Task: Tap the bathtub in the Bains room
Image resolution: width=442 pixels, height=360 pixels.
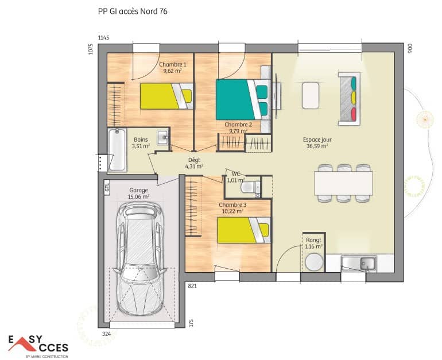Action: click(117, 149)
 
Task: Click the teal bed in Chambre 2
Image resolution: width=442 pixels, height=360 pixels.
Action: click(241, 99)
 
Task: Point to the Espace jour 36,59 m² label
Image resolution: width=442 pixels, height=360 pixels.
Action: click(317, 142)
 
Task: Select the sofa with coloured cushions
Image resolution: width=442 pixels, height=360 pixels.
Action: click(350, 98)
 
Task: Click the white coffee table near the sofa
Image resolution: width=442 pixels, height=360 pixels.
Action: click(311, 95)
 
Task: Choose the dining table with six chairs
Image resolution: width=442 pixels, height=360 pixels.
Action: click(343, 183)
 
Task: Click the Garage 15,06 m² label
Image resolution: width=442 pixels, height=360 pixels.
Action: click(138, 193)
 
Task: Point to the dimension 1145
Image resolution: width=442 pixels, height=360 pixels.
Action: click(103, 37)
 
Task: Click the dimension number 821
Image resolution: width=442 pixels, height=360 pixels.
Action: click(192, 285)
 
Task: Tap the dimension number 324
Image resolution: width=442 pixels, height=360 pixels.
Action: click(106, 332)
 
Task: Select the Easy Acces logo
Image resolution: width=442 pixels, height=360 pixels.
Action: click(37, 346)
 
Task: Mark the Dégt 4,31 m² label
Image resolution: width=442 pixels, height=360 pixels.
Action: click(193, 164)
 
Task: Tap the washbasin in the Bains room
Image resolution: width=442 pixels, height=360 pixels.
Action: click(162, 137)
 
